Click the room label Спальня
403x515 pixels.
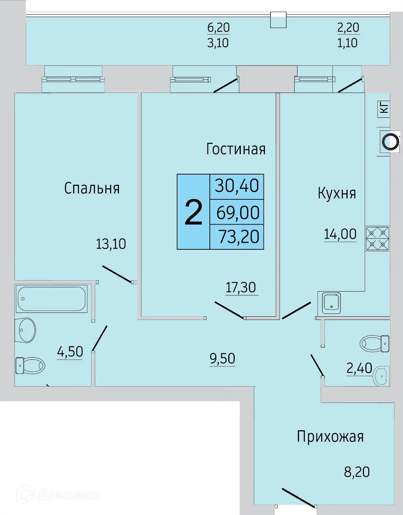pos(92,188)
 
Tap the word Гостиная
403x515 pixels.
pos(236,149)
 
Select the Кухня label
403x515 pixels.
pos(337,193)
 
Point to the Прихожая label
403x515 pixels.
pos(330,437)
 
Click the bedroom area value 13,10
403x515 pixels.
pos(111,244)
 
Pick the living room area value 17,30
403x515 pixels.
pos(241,287)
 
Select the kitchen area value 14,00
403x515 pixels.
pos(340,234)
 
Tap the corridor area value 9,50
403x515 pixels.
pos(222,359)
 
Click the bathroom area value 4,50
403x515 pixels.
pos(70,352)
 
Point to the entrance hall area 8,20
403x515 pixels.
pos(357,472)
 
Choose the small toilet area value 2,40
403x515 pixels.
pos(359,368)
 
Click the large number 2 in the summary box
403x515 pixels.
pos(194,212)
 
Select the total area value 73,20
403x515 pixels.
pos(239,237)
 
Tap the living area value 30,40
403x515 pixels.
pos(237,186)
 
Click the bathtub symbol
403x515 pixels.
pos(51,299)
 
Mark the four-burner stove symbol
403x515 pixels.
pos(377,239)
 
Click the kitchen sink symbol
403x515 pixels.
pos(331,303)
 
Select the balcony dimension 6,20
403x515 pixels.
pos(218,27)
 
